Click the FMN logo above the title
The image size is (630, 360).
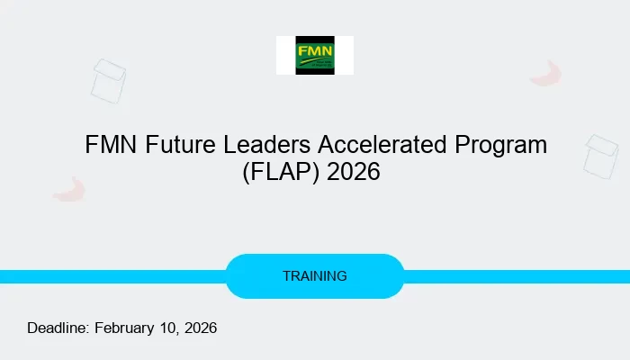tap(315, 55)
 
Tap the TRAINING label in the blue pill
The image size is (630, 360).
tap(315, 276)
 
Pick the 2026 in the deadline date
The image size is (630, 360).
tap(201, 328)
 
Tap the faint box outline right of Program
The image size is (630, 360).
tap(601, 155)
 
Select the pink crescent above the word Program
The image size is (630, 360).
tap(545, 74)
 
